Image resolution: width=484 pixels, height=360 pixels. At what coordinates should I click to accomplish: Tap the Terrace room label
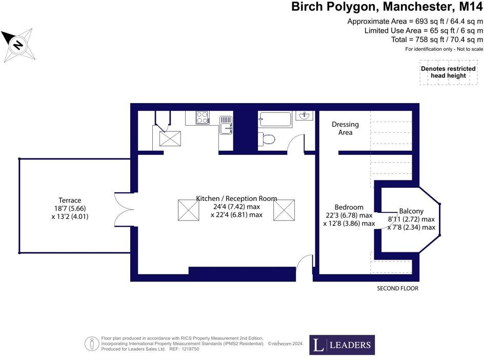tap(70, 200)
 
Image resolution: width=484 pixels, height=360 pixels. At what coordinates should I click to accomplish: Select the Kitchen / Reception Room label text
tap(236, 198)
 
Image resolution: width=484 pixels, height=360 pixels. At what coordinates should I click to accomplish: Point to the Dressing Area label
tap(345, 128)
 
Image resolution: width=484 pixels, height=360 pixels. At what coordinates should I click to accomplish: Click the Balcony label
tap(411, 211)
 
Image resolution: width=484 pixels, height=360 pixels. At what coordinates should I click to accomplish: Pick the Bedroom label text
tap(349, 207)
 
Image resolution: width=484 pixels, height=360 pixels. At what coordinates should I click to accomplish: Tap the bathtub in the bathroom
tap(275, 119)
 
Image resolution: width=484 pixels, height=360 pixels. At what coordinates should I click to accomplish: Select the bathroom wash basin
tap(304, 115)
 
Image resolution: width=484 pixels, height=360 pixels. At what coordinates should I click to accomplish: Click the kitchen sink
tap(226, 124)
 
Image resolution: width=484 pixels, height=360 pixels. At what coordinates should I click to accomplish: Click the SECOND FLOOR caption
tap(397, 289)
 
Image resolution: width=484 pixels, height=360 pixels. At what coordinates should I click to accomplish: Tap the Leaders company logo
tap(341, 345)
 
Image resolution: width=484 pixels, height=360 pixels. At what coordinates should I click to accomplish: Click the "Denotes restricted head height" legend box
tap(448, 72)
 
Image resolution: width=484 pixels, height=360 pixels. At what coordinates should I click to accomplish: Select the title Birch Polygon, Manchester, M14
tap(387, 7)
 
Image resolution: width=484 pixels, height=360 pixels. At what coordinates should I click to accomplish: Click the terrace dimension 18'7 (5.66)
tap(70, 208)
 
